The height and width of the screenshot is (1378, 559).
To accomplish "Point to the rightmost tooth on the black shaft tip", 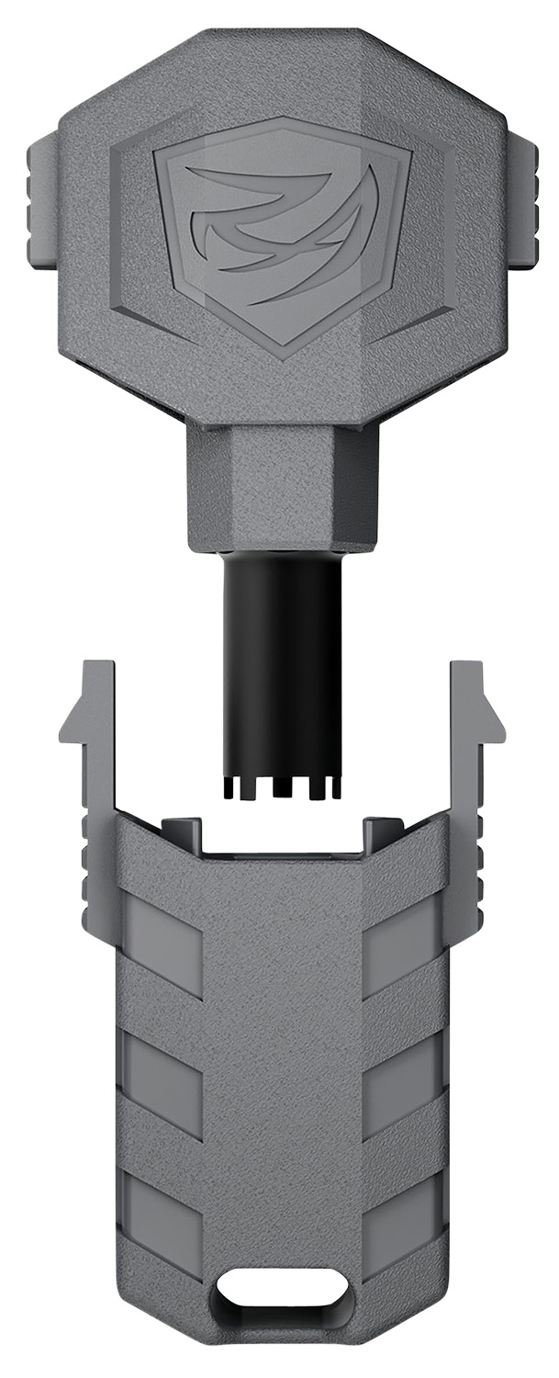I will click(x=336, y=787).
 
